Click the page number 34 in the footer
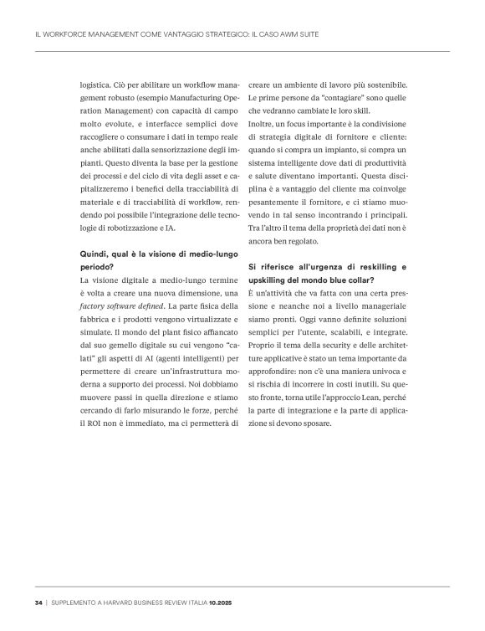point(38,602)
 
